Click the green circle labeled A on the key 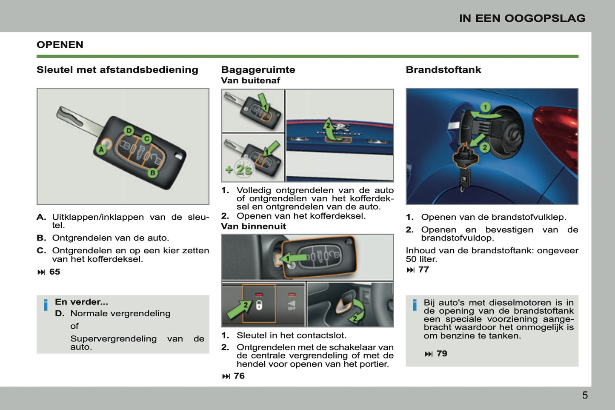click(x=101, y=149)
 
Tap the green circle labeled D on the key click(x=129, y=130)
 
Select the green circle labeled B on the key click(x=152, y=173)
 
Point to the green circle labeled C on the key click(x=146, y=138)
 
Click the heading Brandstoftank click(x=443, y=70)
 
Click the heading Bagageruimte click(x=258, y=70)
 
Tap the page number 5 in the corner click(x=585, y=395)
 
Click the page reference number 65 click(x=54, y=272)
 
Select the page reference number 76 click(x=239, y=376)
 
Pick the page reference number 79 click(x=442, y=353)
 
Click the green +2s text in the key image click(x=239, y=169)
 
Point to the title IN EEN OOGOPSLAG click(x=522, y=18)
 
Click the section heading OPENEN click(x=60, y=45)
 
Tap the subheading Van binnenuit click(x=253, y=227)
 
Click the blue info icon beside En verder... click(x=46, y=305)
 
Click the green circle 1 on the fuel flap click(x=485, y=107)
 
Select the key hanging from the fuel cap click(x=463, y=179)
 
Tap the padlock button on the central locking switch click(x=259, y=305)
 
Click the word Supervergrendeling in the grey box click(x=113, y=338)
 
